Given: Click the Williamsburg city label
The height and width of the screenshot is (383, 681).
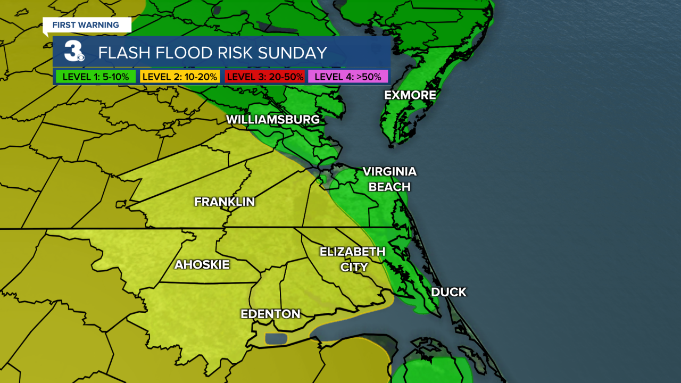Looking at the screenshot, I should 273,120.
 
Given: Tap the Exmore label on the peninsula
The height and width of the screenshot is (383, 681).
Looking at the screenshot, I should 410,95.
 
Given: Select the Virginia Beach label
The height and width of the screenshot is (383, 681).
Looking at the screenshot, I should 389,179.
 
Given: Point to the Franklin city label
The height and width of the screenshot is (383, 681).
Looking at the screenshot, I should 225,202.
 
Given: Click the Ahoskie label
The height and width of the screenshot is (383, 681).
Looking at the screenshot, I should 202,265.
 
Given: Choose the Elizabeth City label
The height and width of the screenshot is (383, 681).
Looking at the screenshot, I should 352,259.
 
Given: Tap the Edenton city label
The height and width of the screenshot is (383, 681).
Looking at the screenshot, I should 270,314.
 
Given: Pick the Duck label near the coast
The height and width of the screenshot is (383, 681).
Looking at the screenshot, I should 449,292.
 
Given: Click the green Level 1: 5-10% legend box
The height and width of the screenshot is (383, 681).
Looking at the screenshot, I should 96,77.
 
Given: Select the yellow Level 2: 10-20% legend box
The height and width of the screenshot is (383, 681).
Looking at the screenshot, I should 180,77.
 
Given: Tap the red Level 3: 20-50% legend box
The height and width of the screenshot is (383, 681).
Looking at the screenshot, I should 264,77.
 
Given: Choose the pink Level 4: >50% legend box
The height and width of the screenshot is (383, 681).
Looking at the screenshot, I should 348,77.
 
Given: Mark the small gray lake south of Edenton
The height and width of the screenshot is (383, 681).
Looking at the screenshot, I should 275,339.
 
